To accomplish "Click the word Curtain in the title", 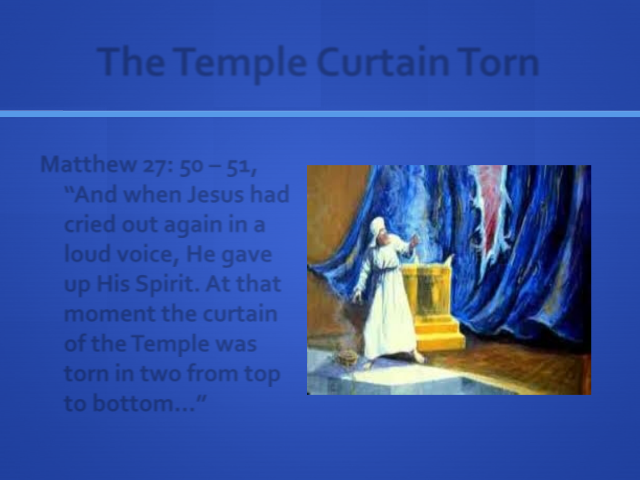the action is pos(383,62).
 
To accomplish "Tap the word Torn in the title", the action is pos(498,62).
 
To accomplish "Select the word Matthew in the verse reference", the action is pos(88,164).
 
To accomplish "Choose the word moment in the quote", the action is pos(110,314).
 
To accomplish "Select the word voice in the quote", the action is pos(147,254).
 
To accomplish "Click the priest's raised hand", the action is pos(414,241).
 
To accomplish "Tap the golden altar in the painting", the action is pos(432,309).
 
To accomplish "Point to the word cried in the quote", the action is pos(89,224).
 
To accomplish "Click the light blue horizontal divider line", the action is pos(320,114).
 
